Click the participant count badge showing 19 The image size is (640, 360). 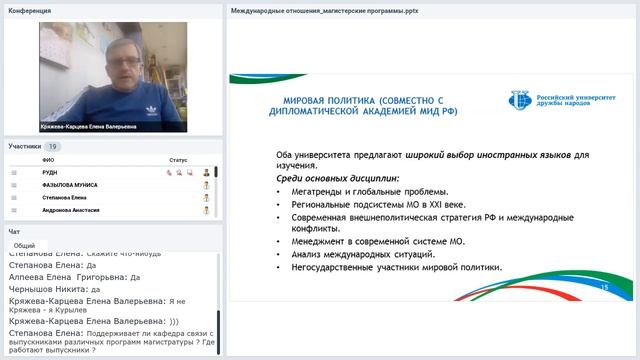pyautogui.click(x=53, y=146)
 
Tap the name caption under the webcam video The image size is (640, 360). pyautogui.click(x=89, y=127)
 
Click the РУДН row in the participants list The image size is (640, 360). pyautogui.click(x=50, y=172)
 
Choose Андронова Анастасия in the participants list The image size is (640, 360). pyautogui.click(x=72, y=211)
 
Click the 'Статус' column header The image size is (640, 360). pyautogui.click(x=178, y=160)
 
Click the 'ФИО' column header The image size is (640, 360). pyautogui.click(x=48, y=160)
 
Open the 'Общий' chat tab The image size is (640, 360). pyautogui.click(x=25, y=245)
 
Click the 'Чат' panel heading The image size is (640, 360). pyautogui.click(x=15, y=231)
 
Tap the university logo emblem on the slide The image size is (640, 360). pyautogui.click(x=520, y=99)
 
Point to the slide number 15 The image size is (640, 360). pyautogui.click(x=604, y=287)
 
